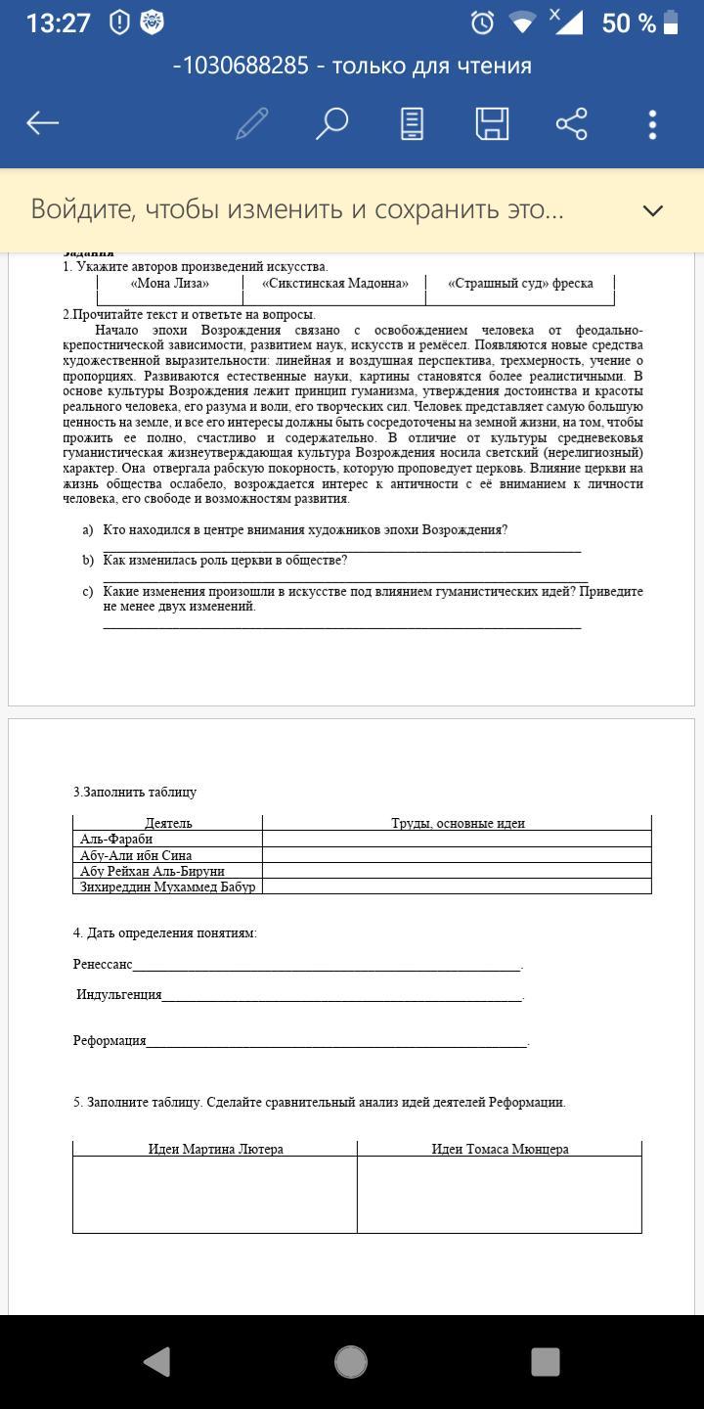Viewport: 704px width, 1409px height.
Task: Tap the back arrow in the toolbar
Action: (x=43, y=123)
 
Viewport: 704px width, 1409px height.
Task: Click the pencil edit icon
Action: (x=251, y=123)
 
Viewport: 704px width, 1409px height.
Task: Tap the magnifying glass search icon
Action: (x=331, y=123)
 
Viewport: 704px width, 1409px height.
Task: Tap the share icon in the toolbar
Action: (x=571, y=123)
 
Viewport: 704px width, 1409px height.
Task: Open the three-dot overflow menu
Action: (x=652, y=123)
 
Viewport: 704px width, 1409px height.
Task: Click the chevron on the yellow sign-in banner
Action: (x=652, y=210)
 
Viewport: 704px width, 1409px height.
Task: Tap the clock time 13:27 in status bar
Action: (x=58, y=23)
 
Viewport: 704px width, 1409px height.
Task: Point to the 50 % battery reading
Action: (x=629, y=23)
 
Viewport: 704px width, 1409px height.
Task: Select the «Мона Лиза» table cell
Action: (x=170, y=284)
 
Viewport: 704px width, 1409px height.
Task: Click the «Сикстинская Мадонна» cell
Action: (x=334, y=284)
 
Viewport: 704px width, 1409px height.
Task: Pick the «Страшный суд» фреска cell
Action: (x=520, y=284)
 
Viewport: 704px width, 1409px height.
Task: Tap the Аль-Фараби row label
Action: (x=116, y=840)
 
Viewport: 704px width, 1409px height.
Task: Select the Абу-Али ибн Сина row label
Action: (x=136, y=855)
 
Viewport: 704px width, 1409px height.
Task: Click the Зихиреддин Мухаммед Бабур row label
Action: (x=167, y=886)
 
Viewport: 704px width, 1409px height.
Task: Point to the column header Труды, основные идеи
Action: (x=458, y=824)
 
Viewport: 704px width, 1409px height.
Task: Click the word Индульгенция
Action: (x=119, y=995)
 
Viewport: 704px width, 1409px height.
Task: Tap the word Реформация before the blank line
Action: (x=110, y=1041)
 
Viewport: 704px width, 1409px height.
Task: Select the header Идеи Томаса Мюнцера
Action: (x=500, y=1150)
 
